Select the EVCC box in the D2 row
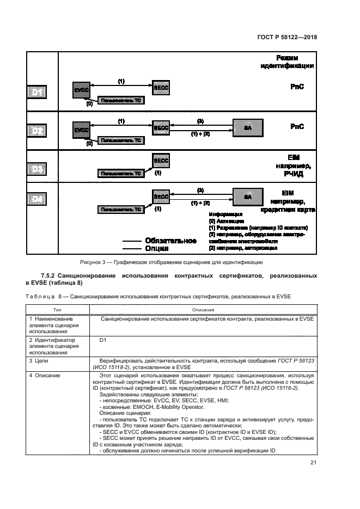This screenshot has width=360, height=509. point(82,130)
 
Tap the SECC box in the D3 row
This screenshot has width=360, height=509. point(161,162)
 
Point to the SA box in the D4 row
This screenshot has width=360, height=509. point(248,197)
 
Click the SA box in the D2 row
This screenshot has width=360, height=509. point(248,128)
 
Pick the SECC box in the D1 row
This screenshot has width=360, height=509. point(161,87)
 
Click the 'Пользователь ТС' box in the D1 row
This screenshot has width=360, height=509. point(121,101)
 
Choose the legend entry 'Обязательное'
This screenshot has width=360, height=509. point(170,240)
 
